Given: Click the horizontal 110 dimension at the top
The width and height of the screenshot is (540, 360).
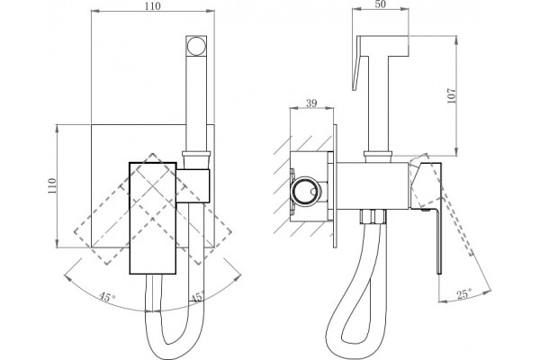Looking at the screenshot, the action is point(153,6).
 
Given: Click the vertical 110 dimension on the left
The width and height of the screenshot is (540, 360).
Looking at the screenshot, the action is point(51,185).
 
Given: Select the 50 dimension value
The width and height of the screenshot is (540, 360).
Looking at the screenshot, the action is point(380,4).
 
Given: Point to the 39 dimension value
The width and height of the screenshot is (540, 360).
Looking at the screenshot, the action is point(311,103).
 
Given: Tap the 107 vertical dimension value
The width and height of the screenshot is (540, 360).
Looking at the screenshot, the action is point(451,95).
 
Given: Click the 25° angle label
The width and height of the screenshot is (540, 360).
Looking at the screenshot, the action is point(463,294).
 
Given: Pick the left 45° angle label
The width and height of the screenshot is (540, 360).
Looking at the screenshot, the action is point(107,297).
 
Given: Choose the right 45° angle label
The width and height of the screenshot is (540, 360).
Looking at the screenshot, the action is point(197,297).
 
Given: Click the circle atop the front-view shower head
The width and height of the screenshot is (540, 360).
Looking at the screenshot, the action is point(196,45).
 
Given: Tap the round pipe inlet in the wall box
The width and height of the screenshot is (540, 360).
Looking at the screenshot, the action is point(306,192).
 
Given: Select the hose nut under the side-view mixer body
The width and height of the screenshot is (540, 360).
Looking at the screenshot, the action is point(373,217).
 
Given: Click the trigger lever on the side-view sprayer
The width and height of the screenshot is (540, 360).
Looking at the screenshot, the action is point(356,64).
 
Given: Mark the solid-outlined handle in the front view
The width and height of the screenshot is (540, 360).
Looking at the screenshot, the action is point(153,218).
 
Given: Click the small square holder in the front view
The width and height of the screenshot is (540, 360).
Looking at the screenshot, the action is point(193,186).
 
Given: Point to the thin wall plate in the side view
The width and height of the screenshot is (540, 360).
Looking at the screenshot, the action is point(335,186).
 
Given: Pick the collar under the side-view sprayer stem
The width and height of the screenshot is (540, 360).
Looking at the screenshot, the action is point(378,157).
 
